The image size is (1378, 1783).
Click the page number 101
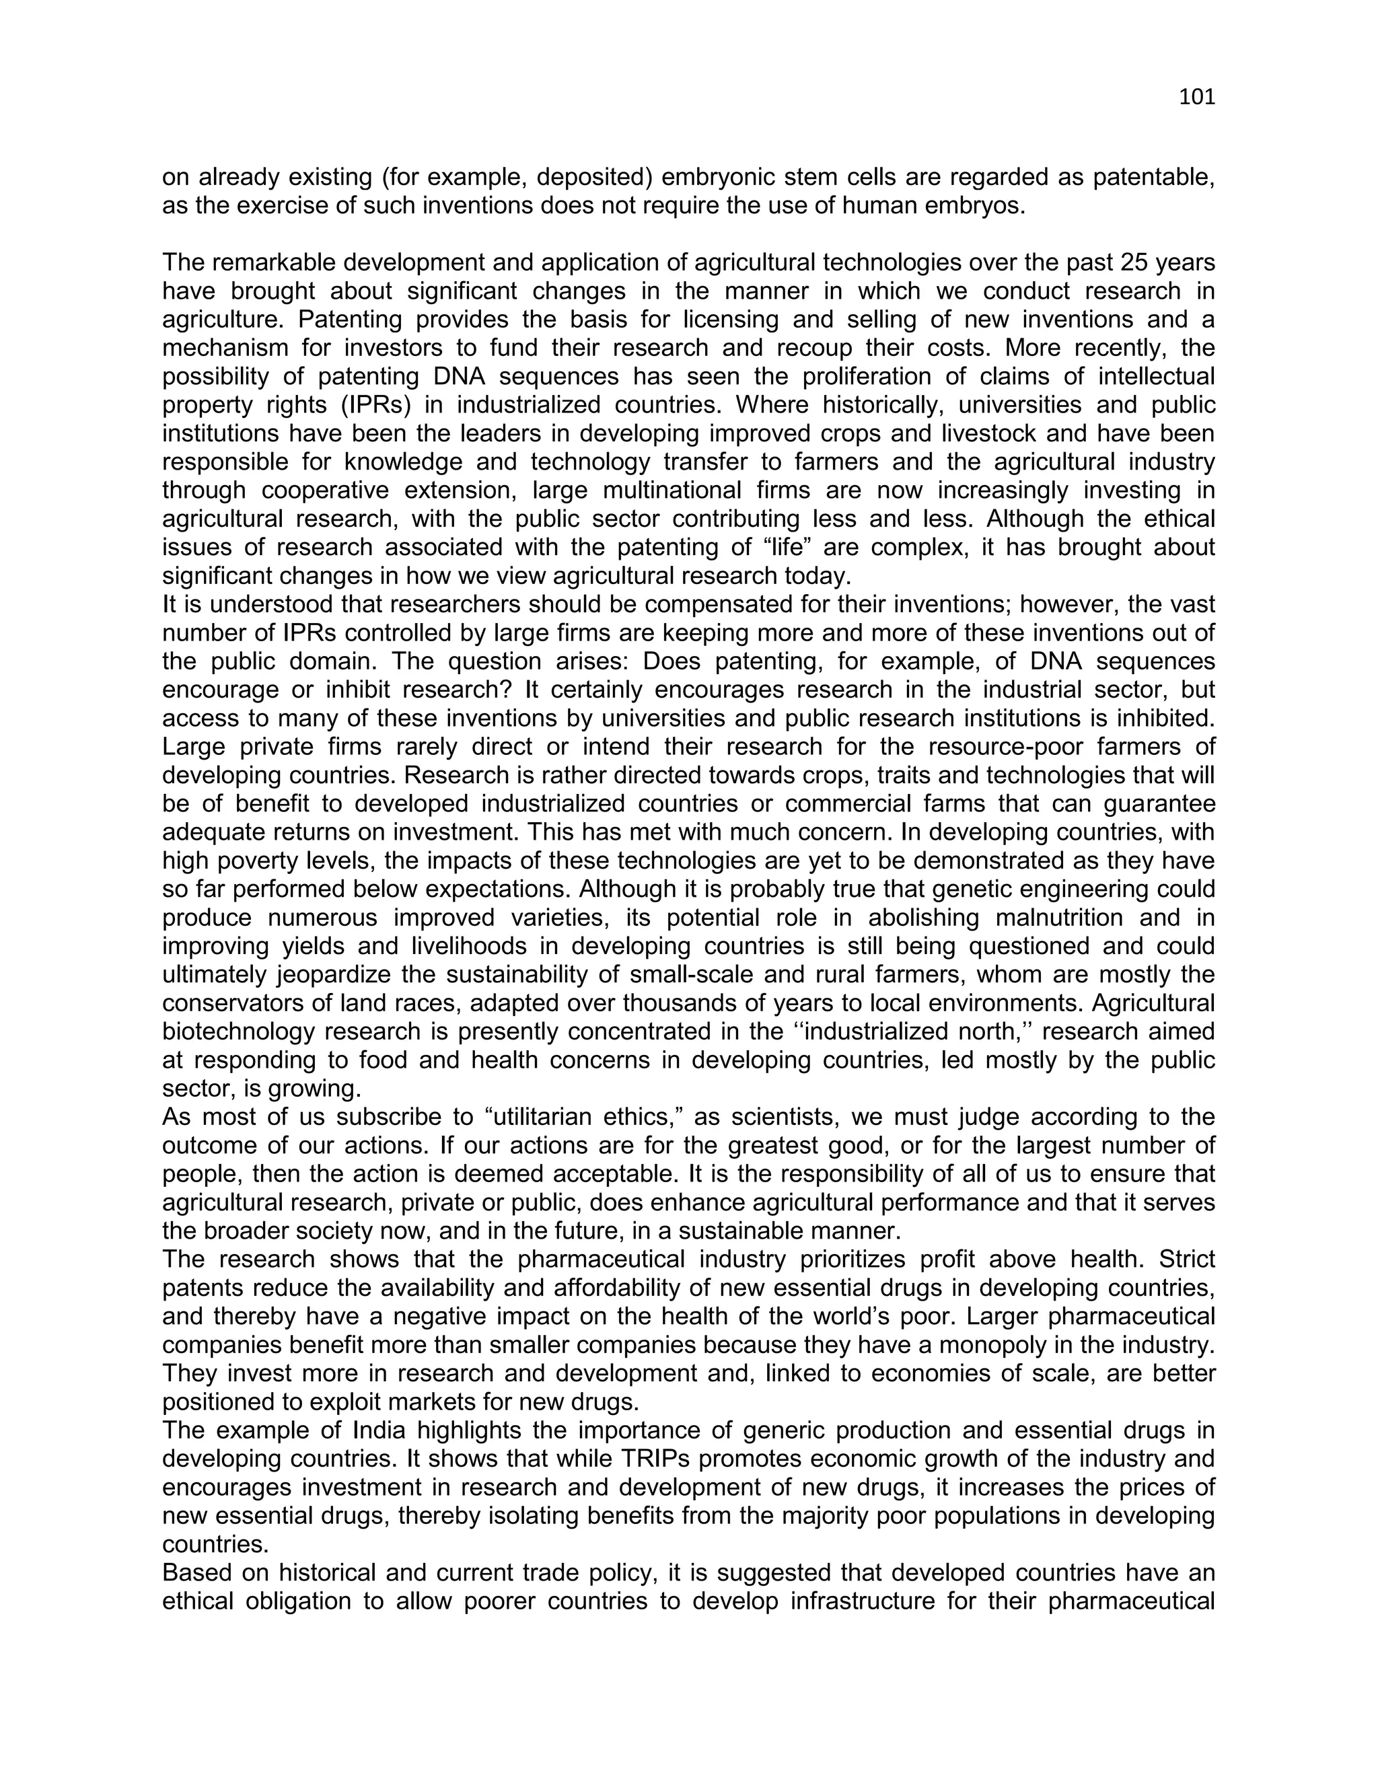1197,97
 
